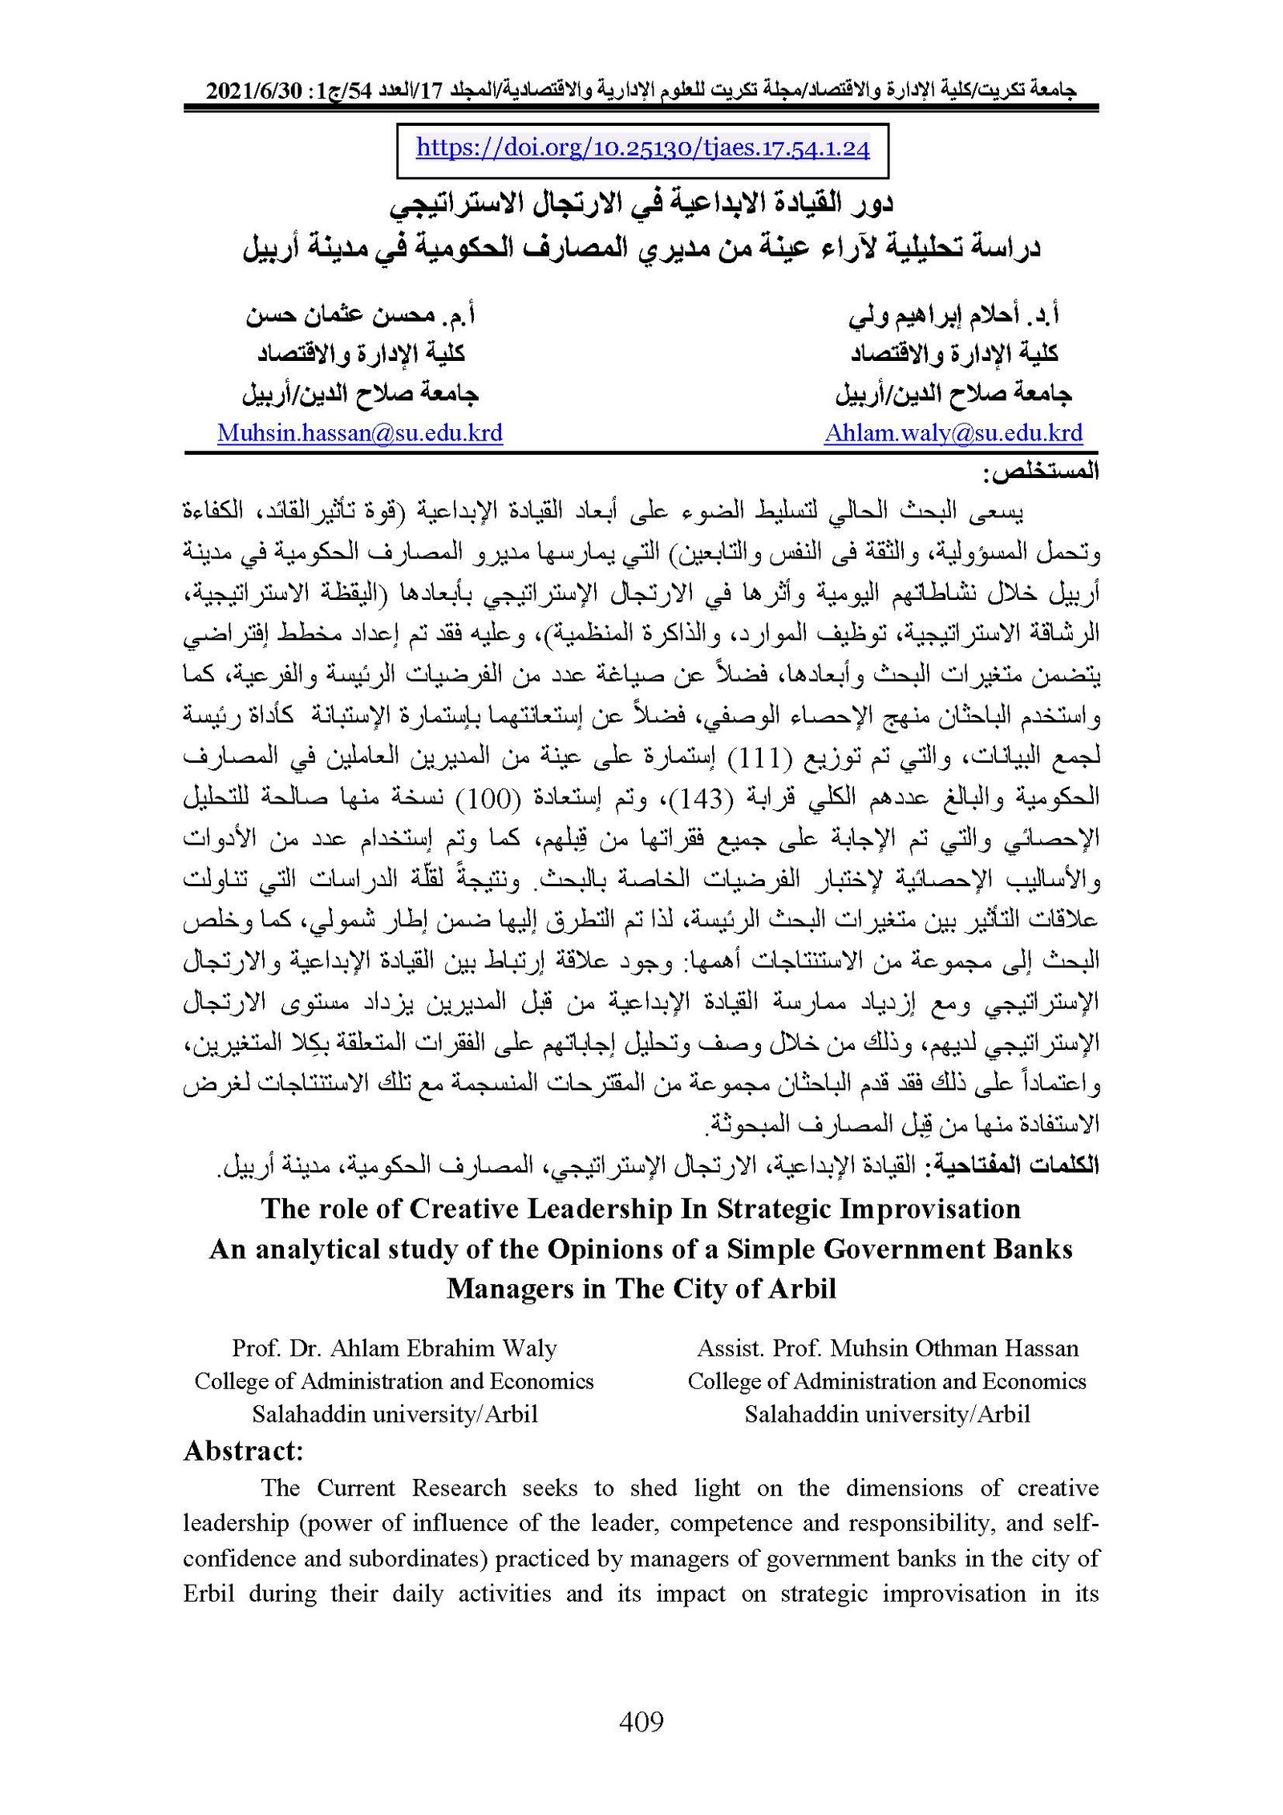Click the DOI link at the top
[x=642, y=148]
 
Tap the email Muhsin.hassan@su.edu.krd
[x=360, y=433]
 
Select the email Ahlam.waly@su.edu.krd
[x=953, y=433]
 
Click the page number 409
[x=641, y=1721]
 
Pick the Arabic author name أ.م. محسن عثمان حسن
[x=360, y=315]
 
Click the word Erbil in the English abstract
[x=208, y=1593]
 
